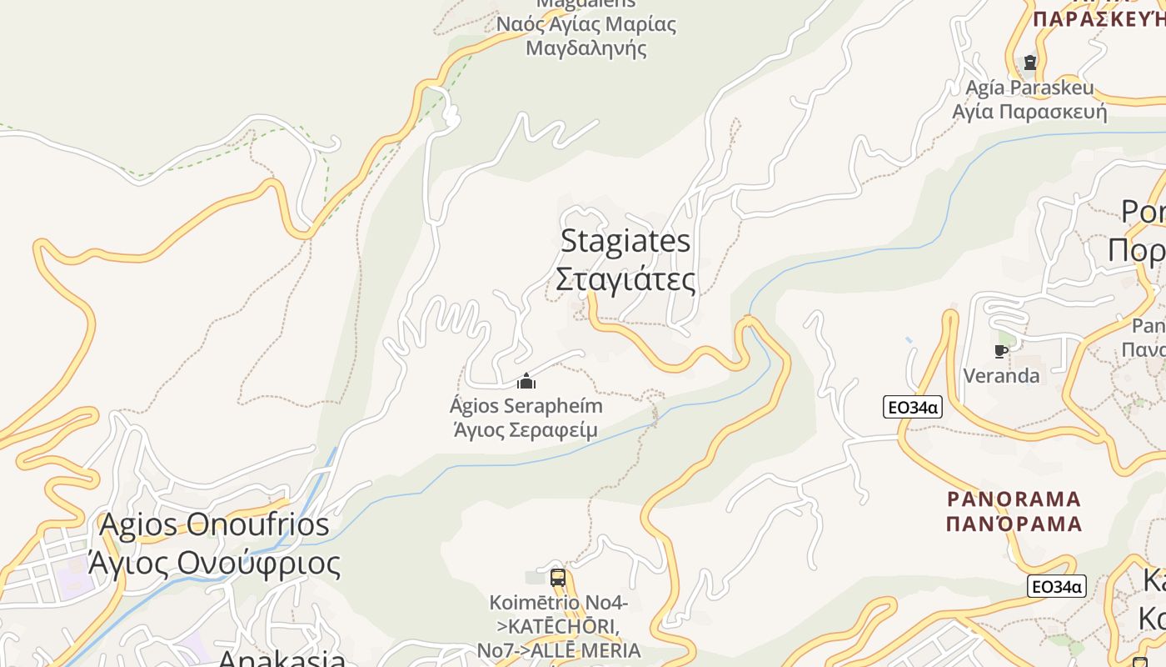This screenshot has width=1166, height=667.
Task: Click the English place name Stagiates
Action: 625,241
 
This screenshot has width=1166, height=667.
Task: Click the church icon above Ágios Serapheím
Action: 526,382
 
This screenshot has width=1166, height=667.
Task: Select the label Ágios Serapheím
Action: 526,406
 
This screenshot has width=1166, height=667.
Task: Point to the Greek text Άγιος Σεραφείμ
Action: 526,430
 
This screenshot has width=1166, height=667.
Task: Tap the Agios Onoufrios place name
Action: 214,525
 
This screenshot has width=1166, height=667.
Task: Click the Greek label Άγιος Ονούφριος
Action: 214,564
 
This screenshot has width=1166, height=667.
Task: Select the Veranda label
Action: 1001,376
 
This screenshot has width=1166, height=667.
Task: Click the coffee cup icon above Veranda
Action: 1001,351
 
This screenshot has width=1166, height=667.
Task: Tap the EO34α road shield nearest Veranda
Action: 912,407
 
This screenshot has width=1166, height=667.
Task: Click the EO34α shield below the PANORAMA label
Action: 1056,586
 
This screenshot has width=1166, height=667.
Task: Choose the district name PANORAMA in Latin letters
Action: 1014,499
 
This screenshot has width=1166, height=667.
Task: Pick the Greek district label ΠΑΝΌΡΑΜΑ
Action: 1014,524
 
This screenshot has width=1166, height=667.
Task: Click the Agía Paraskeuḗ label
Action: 1029,88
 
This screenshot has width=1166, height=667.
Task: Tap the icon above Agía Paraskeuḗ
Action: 1030,63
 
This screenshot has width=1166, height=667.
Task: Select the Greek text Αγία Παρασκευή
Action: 1029,112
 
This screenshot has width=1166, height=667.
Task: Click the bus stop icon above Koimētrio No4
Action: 558,577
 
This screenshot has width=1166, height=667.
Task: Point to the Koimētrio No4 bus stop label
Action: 558,602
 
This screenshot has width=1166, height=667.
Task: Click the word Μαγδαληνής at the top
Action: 586,48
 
